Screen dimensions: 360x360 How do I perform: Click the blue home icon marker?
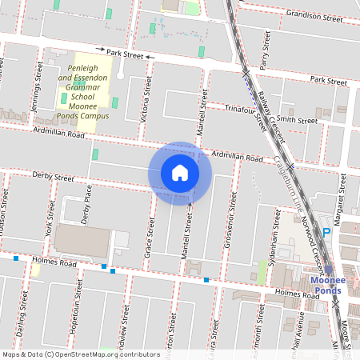click(179, 173)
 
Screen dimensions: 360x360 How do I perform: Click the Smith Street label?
click(297, 120)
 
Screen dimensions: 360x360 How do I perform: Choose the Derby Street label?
click(53, 175)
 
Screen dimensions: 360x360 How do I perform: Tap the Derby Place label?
click(88, 206)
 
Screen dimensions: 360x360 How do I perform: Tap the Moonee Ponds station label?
click(327, 285)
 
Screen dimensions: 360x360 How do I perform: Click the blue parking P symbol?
click(326, 232)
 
